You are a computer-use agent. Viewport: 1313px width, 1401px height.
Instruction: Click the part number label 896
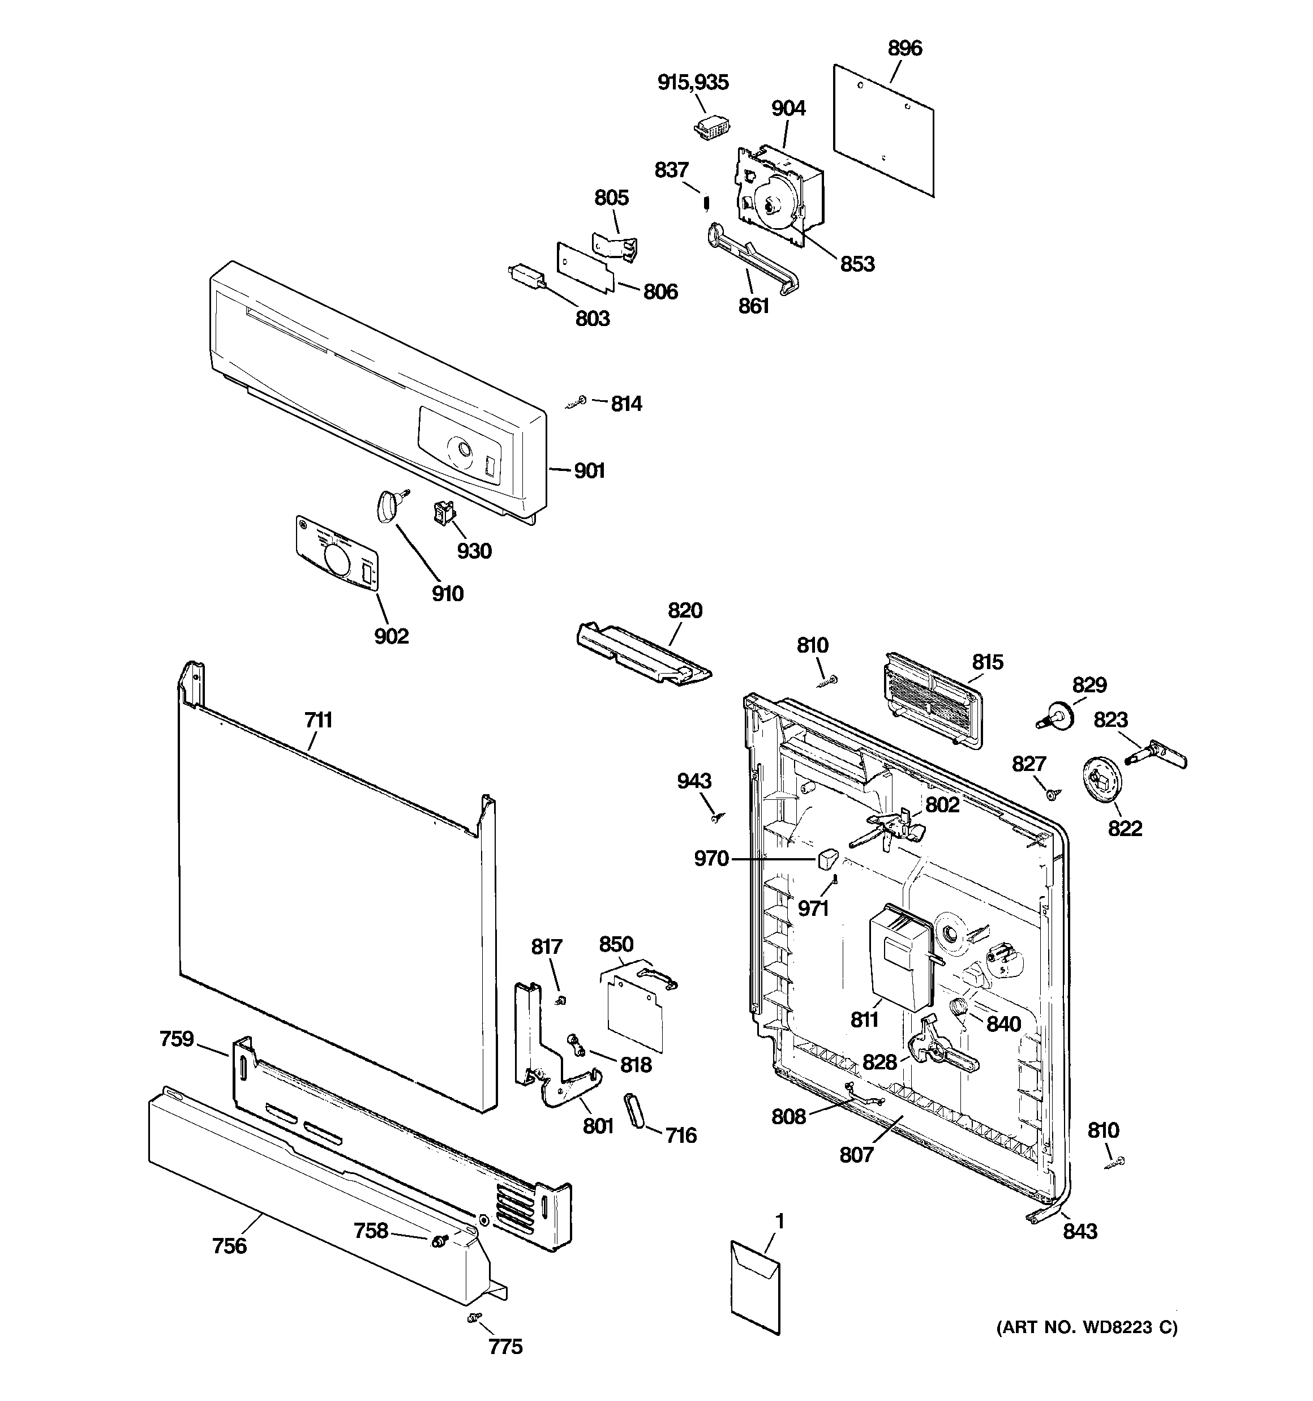click(x=904, y=49)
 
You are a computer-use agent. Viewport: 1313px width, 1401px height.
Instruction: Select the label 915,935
click(x=693, y=83)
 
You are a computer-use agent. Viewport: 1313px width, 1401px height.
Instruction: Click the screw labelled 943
click(x=718, y=817)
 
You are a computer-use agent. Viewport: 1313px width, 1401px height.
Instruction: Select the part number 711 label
click(x=318, y=720)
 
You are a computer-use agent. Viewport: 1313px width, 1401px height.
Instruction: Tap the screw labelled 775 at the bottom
click(x=474, y=1317)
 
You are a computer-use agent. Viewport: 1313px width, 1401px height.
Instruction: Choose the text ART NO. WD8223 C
click(x=1086, y=1328)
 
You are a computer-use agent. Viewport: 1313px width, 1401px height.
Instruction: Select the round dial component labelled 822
click(x=1100, y=779)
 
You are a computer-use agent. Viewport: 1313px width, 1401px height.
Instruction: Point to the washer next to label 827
click(x=1051, y=795)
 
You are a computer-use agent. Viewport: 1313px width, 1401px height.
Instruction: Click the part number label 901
click(x=589, y=471)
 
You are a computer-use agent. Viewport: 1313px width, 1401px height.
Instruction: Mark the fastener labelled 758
click(x=440, y=1240)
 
